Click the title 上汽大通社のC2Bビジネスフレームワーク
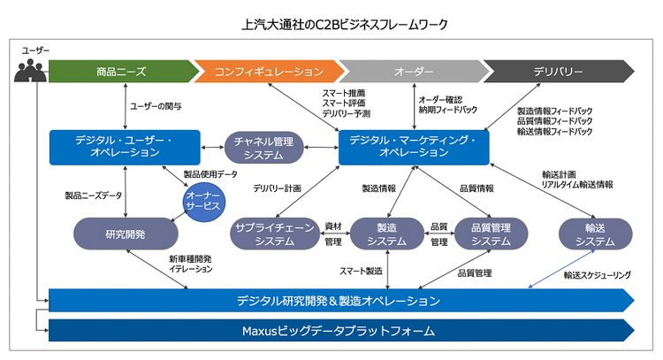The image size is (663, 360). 331,21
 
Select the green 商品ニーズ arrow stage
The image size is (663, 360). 120,71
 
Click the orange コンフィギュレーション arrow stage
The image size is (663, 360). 267,71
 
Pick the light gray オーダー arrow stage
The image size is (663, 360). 412,71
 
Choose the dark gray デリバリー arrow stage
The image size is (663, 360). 558,71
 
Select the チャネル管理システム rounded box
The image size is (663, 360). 265,146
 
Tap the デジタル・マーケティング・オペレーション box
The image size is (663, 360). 414,146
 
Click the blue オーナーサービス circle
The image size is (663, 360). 205,203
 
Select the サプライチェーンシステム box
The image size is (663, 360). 273,234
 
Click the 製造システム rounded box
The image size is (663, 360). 387,234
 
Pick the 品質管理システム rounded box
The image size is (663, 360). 491,234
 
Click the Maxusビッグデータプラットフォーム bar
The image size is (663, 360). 339,332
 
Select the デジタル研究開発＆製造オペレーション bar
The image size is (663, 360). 339,301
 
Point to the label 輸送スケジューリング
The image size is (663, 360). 597,275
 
